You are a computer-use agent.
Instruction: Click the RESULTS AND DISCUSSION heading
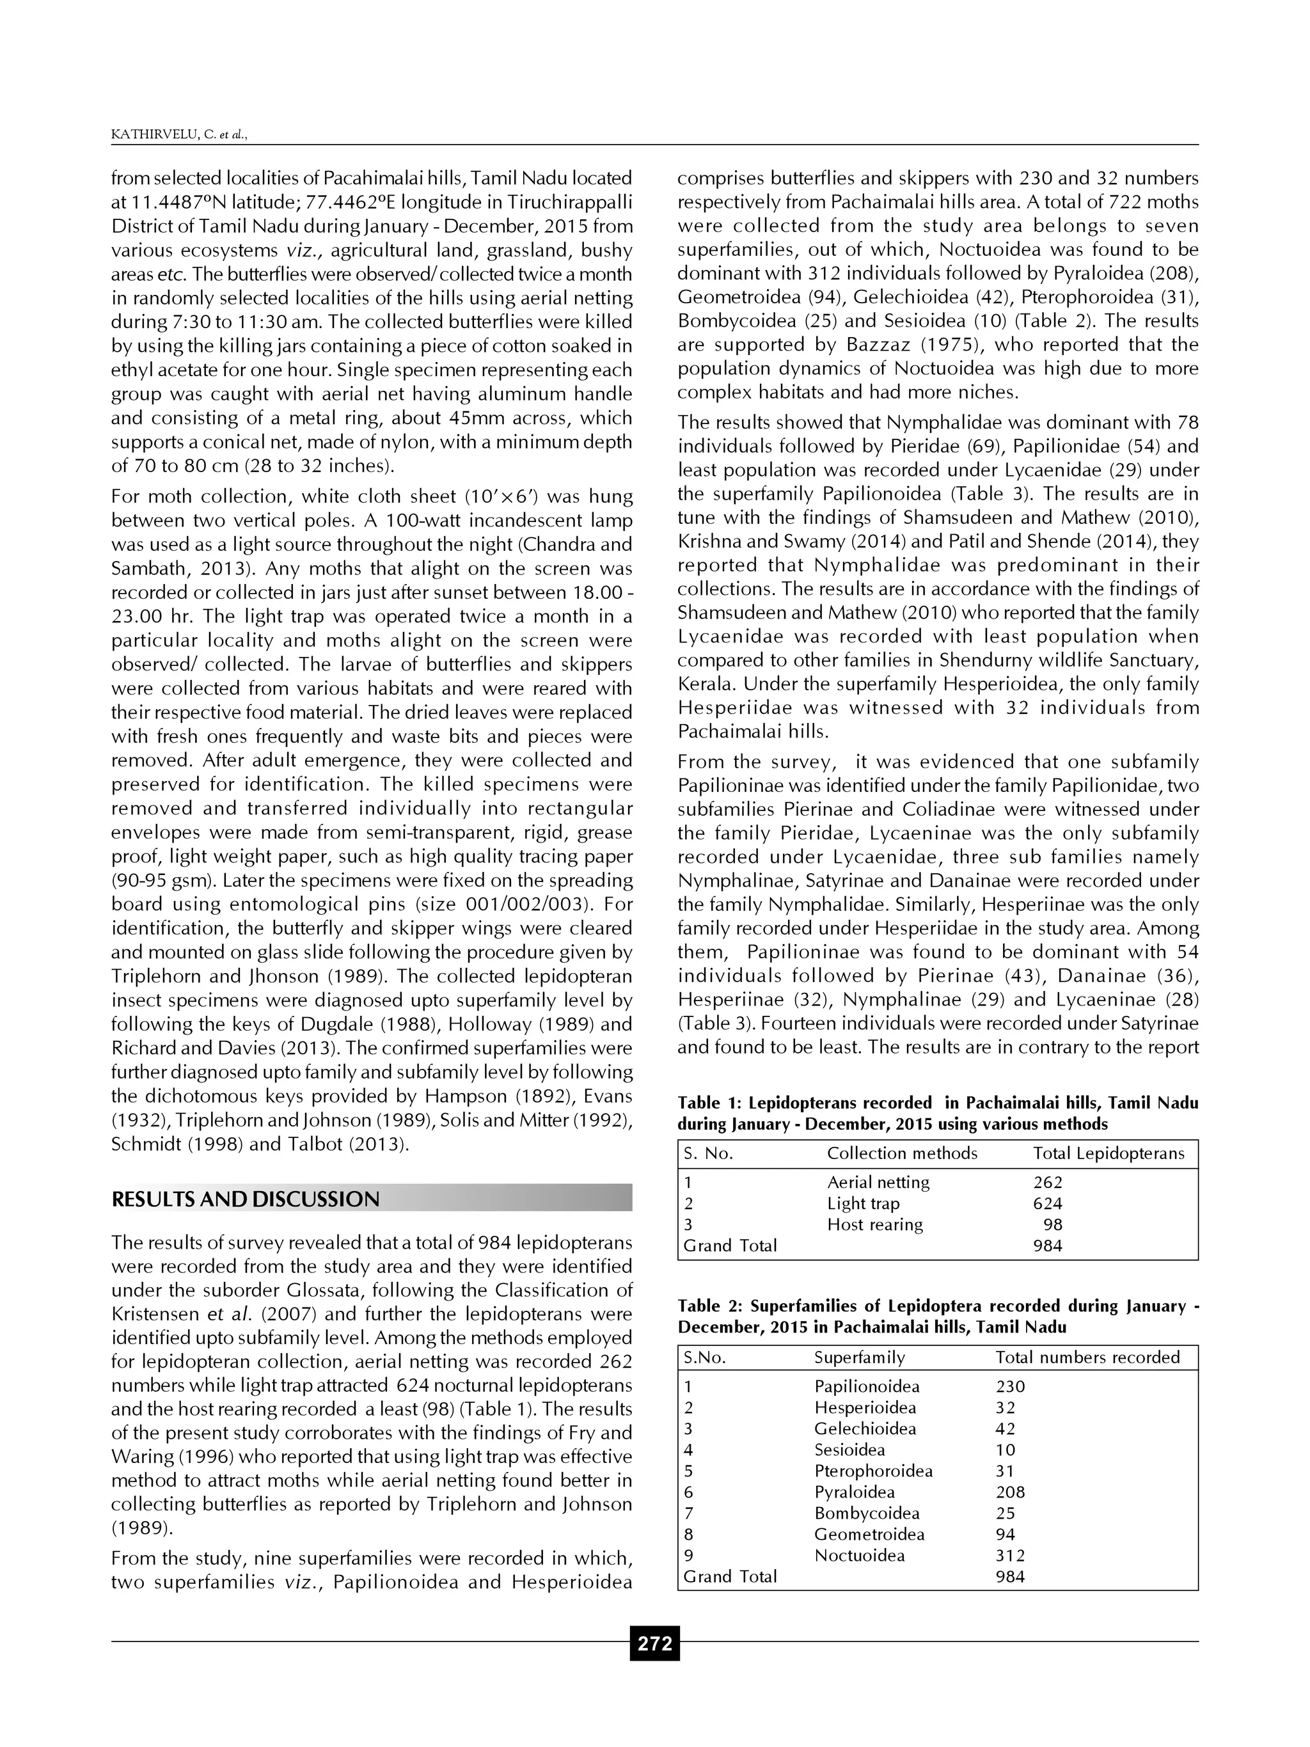[x=246, y=1199]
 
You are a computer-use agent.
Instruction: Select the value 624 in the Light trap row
[x=1047, y=1204]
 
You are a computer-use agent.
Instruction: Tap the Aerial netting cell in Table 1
[x=878, y=1182]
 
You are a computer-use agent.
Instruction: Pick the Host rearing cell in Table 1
[x=875, y=1225]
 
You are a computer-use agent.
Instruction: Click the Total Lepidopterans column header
[x=1109, y=1153]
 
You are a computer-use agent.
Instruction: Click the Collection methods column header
[x=902, y=1153]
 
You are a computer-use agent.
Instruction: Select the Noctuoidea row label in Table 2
[x=859, y=1556]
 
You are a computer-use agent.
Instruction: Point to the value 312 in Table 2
[x=1010, y=1556]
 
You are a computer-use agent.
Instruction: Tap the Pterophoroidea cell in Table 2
[x=873, y=1471]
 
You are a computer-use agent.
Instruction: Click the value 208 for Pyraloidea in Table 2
[x=1010, y=1492]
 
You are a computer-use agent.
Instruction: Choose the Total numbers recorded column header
[x=1087, y=1357]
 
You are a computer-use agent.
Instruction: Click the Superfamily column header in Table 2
[x=859, y=1357]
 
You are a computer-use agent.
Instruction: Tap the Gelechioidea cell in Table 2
[x=865, y=1428]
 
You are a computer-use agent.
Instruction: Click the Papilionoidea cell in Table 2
[x=866, y=1386]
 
